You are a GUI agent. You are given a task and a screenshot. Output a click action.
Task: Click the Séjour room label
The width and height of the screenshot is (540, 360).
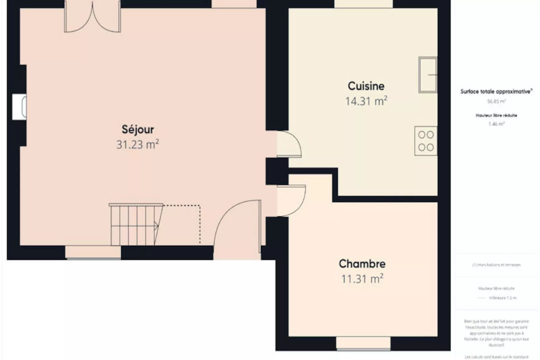coord(138,130)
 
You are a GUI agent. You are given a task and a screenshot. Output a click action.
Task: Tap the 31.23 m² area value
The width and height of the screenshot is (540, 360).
coord(138,145)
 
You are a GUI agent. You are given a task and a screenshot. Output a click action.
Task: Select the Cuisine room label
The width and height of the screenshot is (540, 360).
coord(366,86)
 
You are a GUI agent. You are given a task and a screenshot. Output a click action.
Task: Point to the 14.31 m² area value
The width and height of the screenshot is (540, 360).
coord(366,101)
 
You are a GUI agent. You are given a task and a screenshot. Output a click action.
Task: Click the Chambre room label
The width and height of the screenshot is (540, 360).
coord(362,264)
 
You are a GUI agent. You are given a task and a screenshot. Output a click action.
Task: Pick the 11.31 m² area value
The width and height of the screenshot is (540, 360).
coord(362,279)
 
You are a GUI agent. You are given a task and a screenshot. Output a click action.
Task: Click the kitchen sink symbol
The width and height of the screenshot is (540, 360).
coord(428,75)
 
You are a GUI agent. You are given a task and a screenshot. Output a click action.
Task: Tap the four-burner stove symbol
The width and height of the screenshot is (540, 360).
coord(426,141)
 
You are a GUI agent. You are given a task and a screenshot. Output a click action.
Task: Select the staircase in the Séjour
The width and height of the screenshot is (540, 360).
coord(134,225)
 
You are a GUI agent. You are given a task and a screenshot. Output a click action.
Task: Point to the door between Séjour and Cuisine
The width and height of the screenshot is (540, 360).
coord(288,144)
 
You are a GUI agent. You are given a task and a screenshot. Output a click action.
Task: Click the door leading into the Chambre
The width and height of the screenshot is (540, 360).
coord(291,201)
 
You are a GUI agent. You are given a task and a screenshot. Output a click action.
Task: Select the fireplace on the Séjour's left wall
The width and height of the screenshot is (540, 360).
coord(20,107)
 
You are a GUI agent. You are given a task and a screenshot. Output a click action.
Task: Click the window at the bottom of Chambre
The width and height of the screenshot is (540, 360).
coord(363,344)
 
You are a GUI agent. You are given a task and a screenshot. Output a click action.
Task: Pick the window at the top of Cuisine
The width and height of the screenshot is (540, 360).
coord(363,4)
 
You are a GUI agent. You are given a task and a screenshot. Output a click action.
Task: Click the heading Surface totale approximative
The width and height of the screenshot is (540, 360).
coord(496,92)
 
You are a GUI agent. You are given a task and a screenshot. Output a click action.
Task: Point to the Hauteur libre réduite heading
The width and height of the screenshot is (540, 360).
coord(496,115)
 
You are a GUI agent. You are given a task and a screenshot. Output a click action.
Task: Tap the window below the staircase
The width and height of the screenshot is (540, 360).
coord(93,252)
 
